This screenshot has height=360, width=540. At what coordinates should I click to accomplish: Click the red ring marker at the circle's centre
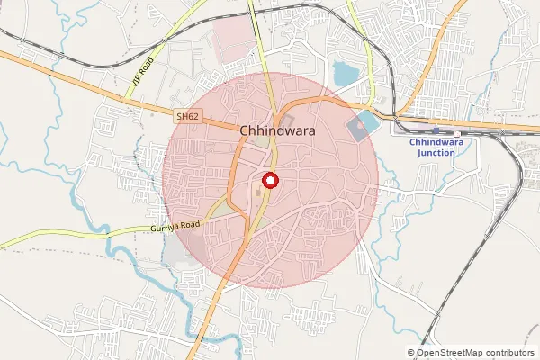(x=269, y=179)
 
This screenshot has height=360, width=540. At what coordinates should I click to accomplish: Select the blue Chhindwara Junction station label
(x=437, y=148)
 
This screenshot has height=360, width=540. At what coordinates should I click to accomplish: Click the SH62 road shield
(x=187, y=116)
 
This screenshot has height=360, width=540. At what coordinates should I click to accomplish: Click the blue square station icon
(x=436, y=130)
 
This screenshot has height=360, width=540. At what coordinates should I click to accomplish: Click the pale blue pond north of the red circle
(x=345, y=73)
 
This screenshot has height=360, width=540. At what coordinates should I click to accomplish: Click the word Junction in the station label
(x=437, y=153)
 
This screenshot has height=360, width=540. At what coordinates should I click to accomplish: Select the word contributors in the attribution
(x=511, y=353)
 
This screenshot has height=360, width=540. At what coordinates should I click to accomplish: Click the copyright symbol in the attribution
(x=411, y=353)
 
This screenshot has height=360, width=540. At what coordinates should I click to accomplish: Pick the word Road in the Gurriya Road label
(x=190, y=226)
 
